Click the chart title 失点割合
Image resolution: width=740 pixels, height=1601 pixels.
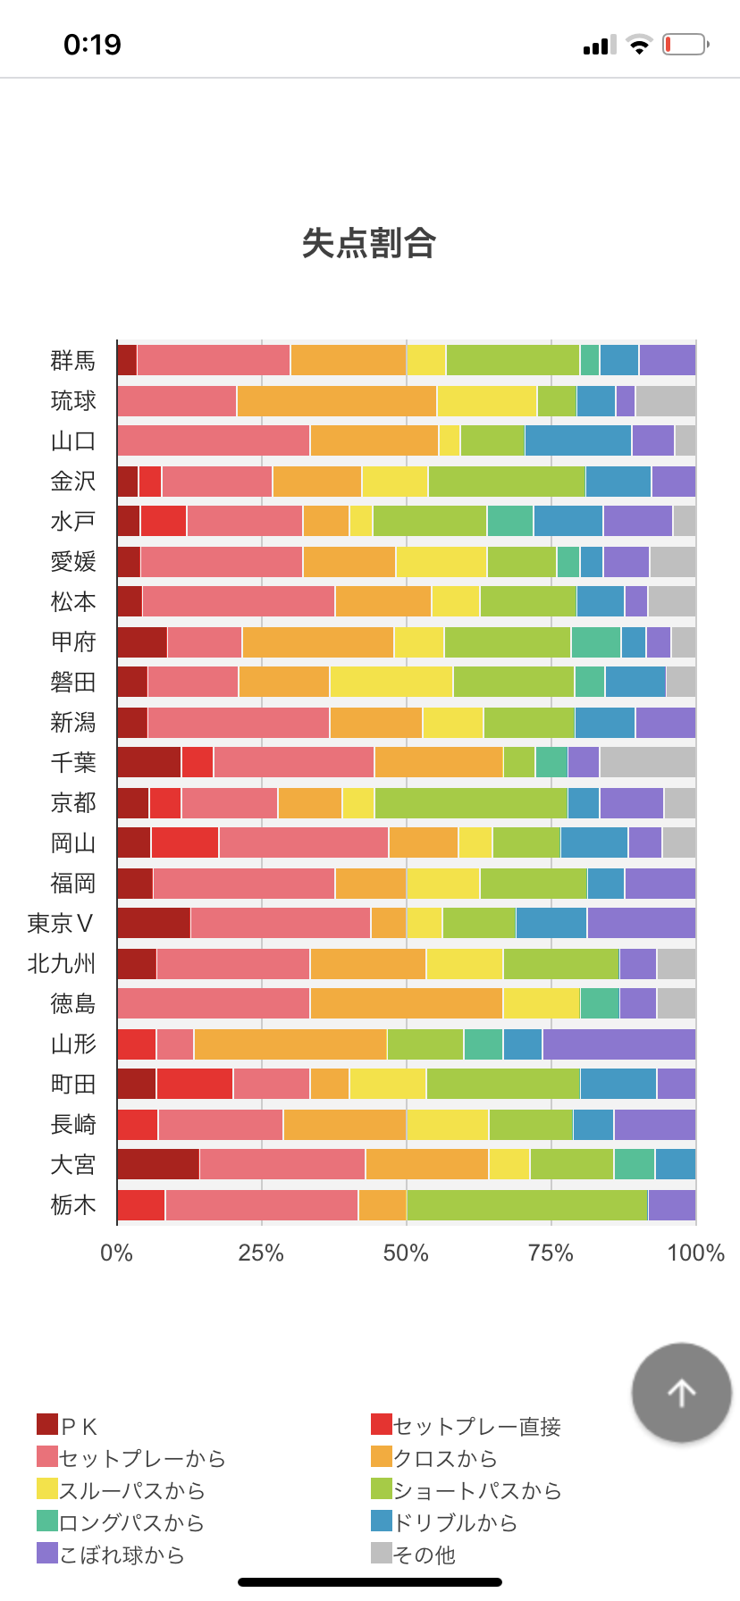[x=368, y=243]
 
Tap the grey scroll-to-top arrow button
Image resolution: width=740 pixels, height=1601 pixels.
[x=681, y=1392]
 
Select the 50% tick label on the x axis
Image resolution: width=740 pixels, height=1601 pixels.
[x=406, y=1253]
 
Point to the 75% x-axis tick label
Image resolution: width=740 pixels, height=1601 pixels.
[x=551, y=1253]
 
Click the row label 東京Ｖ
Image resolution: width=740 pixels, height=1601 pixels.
[x=61, y=923]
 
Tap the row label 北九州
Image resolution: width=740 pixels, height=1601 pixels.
[x=61, y=963]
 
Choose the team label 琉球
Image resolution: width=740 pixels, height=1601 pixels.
[x=72, y=400]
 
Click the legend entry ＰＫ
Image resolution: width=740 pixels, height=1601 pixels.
[x=68, y=1426]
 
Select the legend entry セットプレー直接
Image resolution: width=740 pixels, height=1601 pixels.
[x=467, y=1426]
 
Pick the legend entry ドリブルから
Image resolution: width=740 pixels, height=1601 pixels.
[x=444, y=1522]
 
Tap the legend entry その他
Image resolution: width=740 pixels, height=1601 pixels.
[x=414, y=1555]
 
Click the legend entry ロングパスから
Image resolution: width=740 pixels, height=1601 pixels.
[x=121, y=1522]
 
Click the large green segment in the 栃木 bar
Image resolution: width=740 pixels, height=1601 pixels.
[x=526, y=1204]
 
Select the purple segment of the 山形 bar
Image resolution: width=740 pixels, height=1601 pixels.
[x=618, y=1044]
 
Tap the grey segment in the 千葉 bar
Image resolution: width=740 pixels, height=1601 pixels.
[x=647, y=762]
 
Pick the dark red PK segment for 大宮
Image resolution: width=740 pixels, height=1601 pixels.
[x=157, y=1164]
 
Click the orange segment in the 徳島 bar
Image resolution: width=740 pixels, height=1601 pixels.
[x=406, y=1003]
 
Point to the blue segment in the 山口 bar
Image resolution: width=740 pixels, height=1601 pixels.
[x=577, y=440]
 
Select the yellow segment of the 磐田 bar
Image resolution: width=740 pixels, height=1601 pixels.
[x=391, y=682]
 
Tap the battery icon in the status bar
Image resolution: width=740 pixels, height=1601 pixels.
[x=685, y=45]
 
